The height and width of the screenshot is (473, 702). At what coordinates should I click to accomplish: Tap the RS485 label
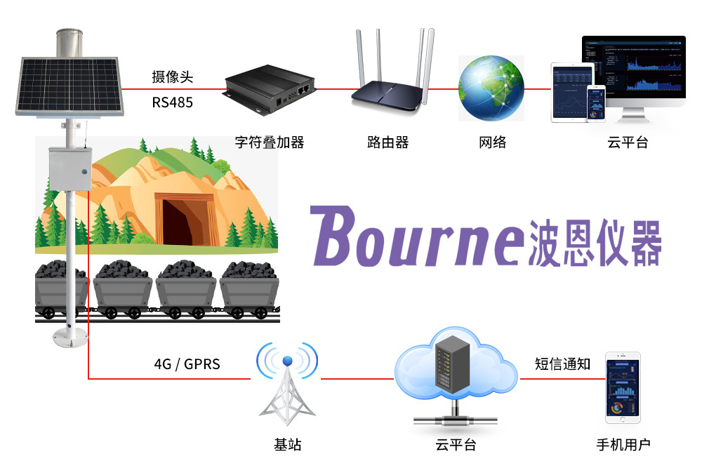pyautogui.click(x=172, y=102)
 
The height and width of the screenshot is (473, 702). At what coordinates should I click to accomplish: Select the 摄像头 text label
pyautogui.click(x=172, y=77)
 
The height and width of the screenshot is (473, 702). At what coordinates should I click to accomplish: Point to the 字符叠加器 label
pyautogui.click(x=270, y=142)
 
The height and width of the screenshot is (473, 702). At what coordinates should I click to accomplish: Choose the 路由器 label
pyautogui.click(x=388, y=142)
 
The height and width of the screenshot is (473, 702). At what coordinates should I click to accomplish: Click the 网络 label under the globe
pyautogui.click(x=492, y=142)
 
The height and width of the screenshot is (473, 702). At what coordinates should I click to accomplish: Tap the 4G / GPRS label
pyautogui.click(x=187, y=364)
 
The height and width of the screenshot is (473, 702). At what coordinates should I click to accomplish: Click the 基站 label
pyautogui.click(x=287, y=445)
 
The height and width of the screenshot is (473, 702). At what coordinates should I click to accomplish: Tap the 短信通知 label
pyautogui.click(x=562, y=364)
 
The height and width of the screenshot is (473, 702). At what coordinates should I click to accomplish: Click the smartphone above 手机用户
pyautogui.click(x=623, y=388)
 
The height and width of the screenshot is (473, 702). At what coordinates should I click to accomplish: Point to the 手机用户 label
pyautogui.click(x=623, y=445)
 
